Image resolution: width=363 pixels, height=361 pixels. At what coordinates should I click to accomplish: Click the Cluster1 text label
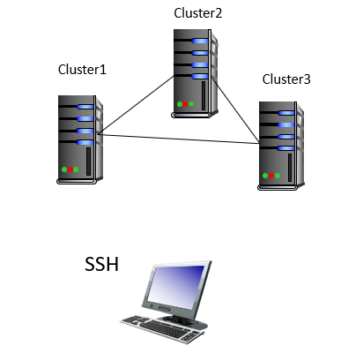tap(82, 70)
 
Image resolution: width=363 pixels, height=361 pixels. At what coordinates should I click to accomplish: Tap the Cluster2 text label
tap(198, 13)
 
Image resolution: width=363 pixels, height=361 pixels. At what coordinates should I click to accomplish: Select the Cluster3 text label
tap(286, 79)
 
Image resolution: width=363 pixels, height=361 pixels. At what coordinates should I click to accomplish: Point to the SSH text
tap(101, 264)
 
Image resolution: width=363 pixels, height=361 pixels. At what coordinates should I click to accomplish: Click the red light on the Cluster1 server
tap(70, 169)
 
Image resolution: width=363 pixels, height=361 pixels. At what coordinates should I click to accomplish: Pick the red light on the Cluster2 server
tap(185, 104)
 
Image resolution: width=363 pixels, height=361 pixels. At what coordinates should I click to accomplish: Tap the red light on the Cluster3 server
tap(271, 176)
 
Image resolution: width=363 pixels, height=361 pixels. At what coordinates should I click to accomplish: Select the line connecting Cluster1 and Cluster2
tap(136, 105)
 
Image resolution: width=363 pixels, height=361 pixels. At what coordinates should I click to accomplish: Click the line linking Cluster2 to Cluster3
tap(236, 110)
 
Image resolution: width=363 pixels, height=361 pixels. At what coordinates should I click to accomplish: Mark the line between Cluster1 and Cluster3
tap(179, 139)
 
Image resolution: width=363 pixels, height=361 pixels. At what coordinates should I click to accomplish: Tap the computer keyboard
tap(163, 328)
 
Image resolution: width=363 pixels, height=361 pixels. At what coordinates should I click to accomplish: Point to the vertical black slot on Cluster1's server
tap(88, 162)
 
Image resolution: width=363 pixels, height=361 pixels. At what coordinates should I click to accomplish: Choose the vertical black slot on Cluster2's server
tap(204, 95)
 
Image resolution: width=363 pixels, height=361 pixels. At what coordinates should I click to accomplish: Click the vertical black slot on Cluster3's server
tap(290, 168)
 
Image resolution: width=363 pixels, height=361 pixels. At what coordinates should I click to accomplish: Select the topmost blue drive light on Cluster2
tap(200, 41)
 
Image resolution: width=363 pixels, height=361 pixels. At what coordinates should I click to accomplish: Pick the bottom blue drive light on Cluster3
tap(285, 148)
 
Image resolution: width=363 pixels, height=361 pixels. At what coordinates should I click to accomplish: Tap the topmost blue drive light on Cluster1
tap(85, 107)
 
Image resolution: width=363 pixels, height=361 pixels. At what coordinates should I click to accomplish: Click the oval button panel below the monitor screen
tap(165, 309)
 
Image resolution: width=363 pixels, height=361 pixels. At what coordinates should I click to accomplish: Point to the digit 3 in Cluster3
tap(307, 79)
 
